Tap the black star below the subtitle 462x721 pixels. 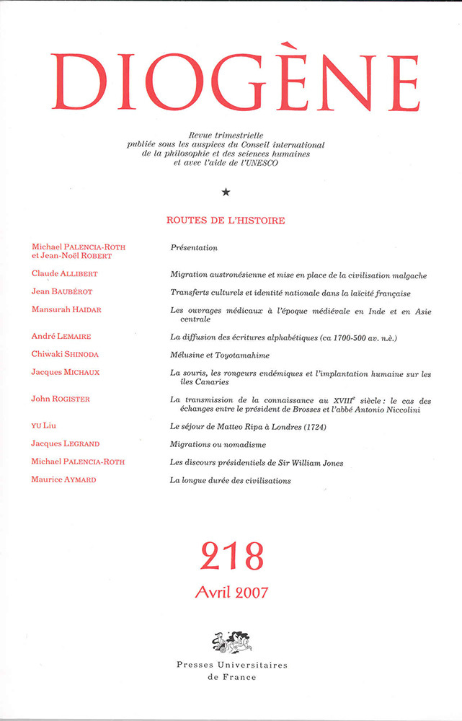[226, 192]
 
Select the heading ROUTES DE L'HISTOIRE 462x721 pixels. [226, 221]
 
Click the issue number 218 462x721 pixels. [231, 556]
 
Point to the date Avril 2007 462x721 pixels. [231, 593]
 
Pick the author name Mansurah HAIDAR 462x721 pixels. [66, 309]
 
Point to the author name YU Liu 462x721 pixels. [48, 426]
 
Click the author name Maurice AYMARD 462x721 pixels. [64, 480]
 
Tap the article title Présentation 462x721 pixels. [193, 247]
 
